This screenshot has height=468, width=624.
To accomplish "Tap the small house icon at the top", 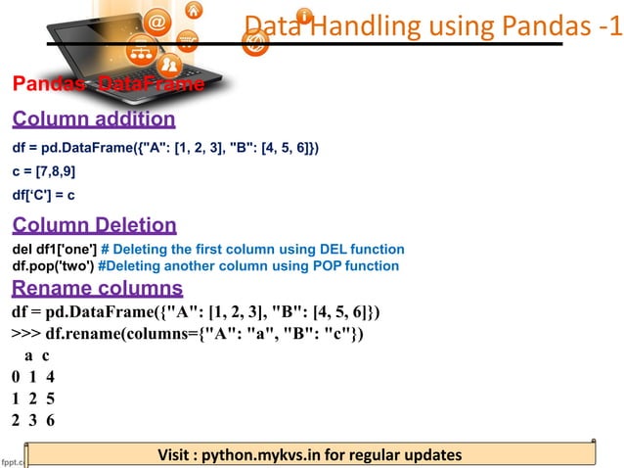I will (195, 11).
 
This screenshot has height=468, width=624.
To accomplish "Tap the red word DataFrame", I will (163, 85).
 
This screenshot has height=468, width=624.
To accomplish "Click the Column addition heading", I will (93, 119).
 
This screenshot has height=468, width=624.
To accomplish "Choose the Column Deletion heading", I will (94, 225).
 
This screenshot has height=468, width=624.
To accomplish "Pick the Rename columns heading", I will (97, 289).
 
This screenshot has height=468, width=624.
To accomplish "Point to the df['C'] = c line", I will (44, 195).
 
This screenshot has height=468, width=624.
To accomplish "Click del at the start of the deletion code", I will (23, 250).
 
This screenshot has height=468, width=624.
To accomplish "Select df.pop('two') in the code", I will (53, 266).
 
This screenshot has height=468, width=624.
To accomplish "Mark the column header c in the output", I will (45, 358).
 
